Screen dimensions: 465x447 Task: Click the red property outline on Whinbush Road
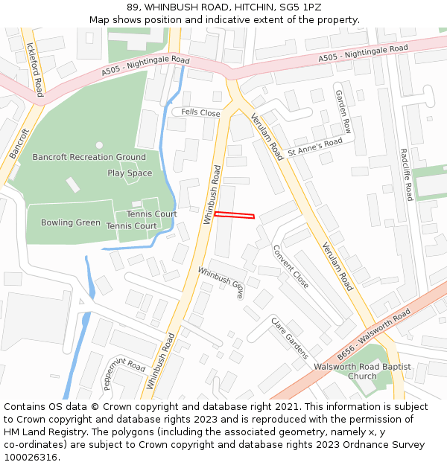point(235,215)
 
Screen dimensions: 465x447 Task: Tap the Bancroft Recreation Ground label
point(89,157)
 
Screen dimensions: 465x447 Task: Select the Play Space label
point(130,173)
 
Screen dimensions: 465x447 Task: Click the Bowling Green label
point(71,222)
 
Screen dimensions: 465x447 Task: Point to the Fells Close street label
point(201,113)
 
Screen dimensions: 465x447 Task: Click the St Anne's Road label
point(315,146)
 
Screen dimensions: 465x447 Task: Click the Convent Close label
point(290,266)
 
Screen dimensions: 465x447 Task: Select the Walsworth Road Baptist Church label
point(362,371)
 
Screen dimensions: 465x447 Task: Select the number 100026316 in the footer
point(31,458)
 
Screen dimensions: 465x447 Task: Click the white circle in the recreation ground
point(99,145)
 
